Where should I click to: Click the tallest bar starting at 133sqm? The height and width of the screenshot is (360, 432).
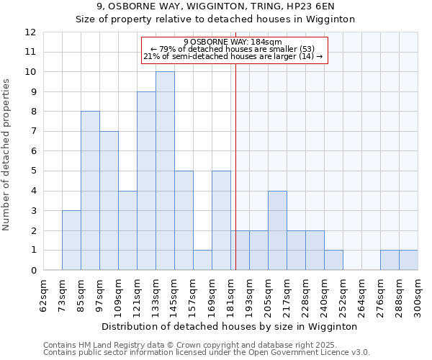coord(165,171)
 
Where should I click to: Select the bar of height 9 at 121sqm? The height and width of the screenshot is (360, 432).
coord(146,181)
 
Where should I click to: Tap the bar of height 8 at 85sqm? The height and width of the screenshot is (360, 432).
coord(90,191)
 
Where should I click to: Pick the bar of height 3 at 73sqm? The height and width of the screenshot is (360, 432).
coord(71,240)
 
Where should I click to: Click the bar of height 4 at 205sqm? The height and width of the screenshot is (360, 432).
coord(277,230)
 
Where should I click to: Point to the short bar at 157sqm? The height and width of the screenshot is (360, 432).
coord(202,260)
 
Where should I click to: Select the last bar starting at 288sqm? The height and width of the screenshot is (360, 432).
coord(408,260)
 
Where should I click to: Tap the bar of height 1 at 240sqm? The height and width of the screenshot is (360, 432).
coord(333,260)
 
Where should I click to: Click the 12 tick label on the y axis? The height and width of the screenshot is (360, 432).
coord(30,32)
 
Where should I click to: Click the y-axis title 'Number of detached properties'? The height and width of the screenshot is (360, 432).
coord(7,155)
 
